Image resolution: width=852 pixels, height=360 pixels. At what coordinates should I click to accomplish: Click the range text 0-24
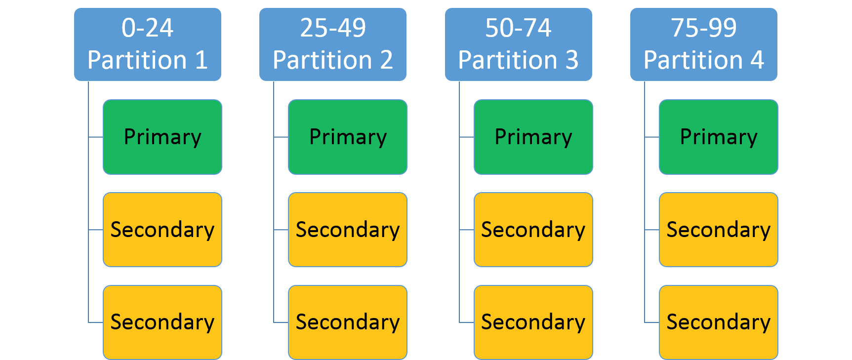click(147, 28)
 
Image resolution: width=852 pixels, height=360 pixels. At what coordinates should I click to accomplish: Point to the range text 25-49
click(333, 28)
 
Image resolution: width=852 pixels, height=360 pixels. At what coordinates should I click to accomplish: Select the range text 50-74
click(518, 28)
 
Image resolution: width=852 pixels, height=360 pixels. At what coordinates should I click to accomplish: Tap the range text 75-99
click(703, 28)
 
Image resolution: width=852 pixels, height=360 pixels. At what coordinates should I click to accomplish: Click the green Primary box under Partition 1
click(162, 137)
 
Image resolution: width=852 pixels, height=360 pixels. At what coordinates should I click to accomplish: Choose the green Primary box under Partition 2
click(347, 137)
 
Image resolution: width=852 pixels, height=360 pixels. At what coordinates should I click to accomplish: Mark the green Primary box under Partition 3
click(533, 137)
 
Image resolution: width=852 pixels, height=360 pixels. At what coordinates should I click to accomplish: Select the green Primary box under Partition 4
click(718, 137)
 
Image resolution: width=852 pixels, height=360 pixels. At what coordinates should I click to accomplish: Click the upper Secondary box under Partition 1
click(162, 230)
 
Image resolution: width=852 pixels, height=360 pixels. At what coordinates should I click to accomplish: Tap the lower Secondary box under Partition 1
click(162, 322)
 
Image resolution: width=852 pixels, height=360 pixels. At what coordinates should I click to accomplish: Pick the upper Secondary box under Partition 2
click(347, 230)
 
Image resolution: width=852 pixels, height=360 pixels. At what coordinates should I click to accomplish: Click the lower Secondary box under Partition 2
click(347, 322)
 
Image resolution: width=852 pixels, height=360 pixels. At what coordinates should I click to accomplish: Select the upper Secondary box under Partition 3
click(533, 230)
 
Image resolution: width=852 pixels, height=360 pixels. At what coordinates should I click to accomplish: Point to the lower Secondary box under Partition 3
click(533, 322)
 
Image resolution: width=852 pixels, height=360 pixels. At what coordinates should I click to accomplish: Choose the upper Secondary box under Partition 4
click(718, 230)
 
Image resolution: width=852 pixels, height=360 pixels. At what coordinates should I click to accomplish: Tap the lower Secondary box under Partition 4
click(718, 322)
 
